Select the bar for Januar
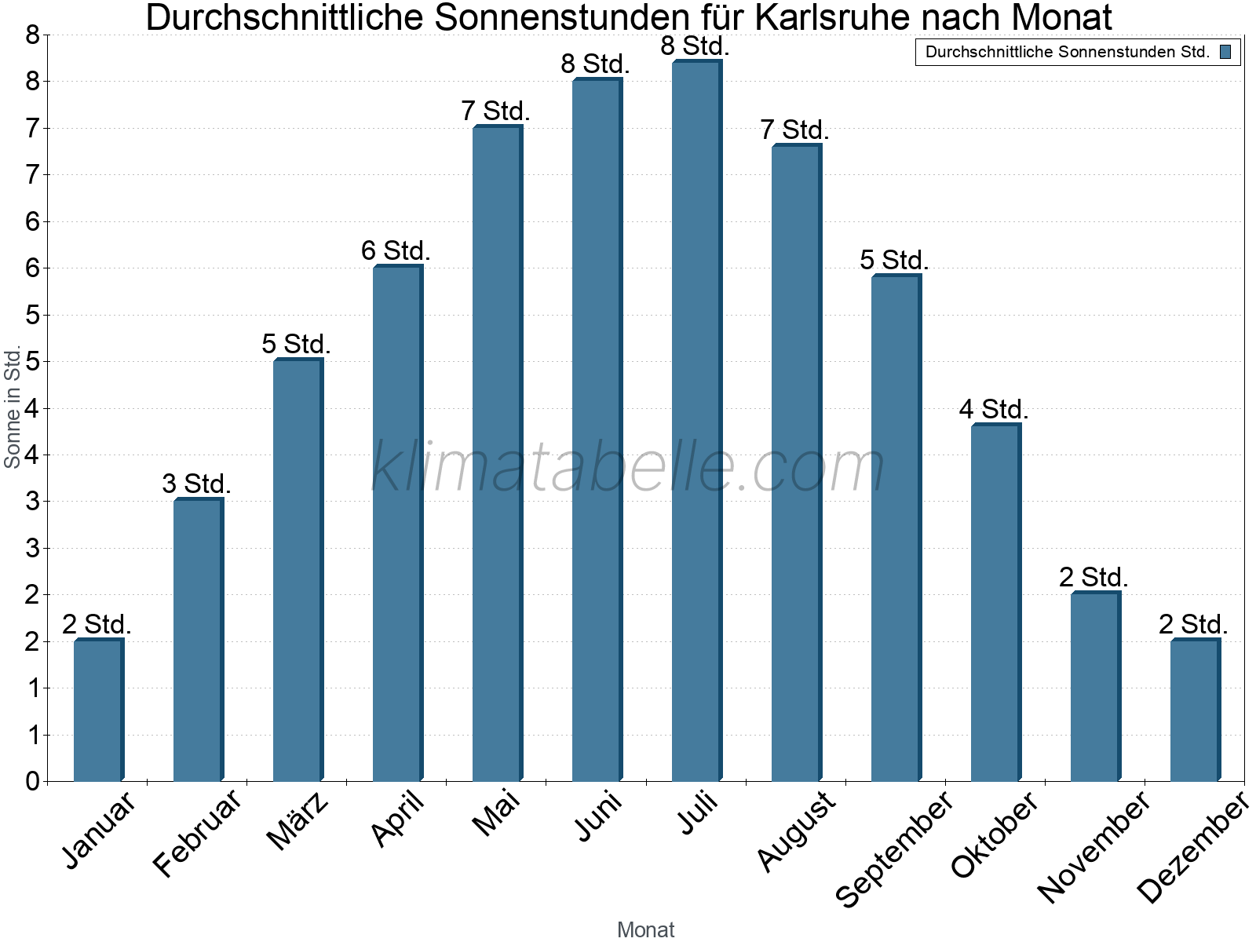pos(98,710)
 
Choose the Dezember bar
pos(1195,710)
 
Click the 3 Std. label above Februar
pos(196,484)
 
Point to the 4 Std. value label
pos(994,409)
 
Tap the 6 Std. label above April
pos(396,250)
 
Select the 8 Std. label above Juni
pos(595,64)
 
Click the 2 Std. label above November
pos(1094,577)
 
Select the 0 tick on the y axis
pos(32,781)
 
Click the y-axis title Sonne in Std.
pos(13,408)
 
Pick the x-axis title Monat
pos(645,929)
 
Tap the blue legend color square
pos(1225,53)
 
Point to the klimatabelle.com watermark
pos(628,467)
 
